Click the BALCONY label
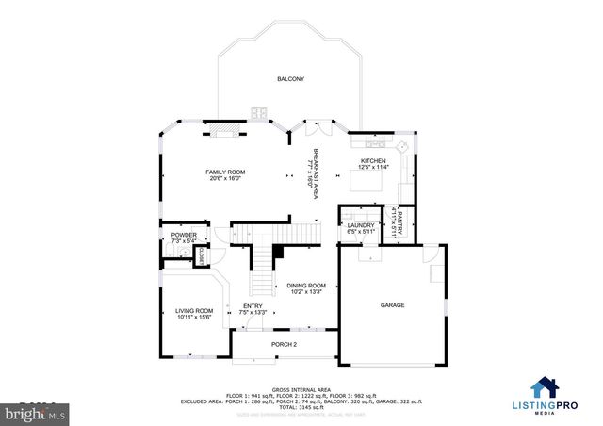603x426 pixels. (x=290, y=79)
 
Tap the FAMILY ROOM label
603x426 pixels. (x=225, y=172)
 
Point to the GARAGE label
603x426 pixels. (x=393, y=305)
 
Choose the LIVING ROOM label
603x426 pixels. (x=193, y=310)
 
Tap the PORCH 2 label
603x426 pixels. (x=285, y=345)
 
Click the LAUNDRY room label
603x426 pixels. (x=361, y=225)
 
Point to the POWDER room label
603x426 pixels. (x=184, y=235)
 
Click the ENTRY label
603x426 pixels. (x=253, y=305)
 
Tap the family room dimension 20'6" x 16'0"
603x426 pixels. (x=225, y=179)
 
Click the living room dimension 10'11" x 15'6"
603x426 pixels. (x=193, y=318)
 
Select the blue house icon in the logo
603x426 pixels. (x=545, y=388)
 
